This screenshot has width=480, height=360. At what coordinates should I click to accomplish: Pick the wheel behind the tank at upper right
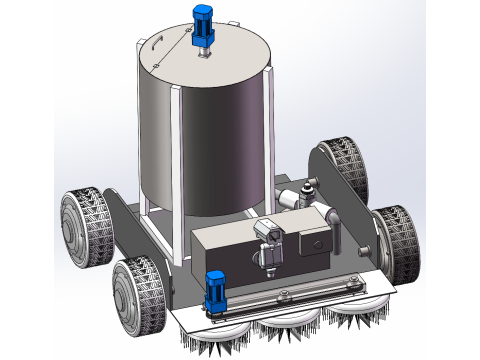[340, 165]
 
